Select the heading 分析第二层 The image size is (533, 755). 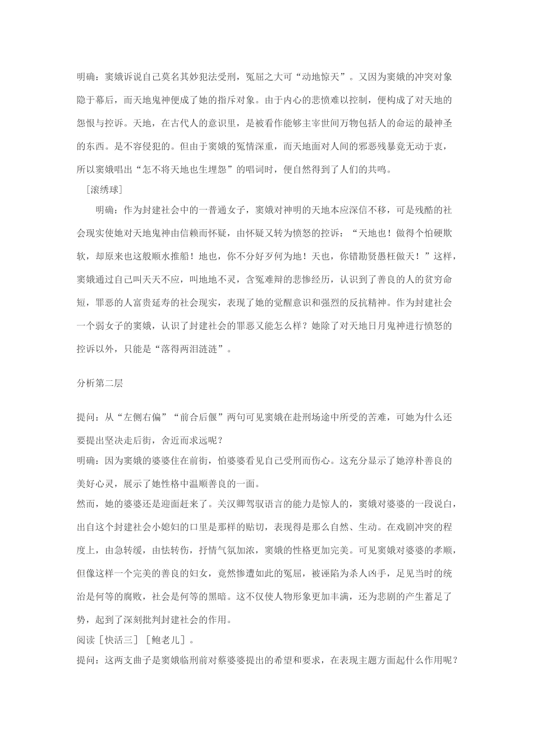tap(100, 384)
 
